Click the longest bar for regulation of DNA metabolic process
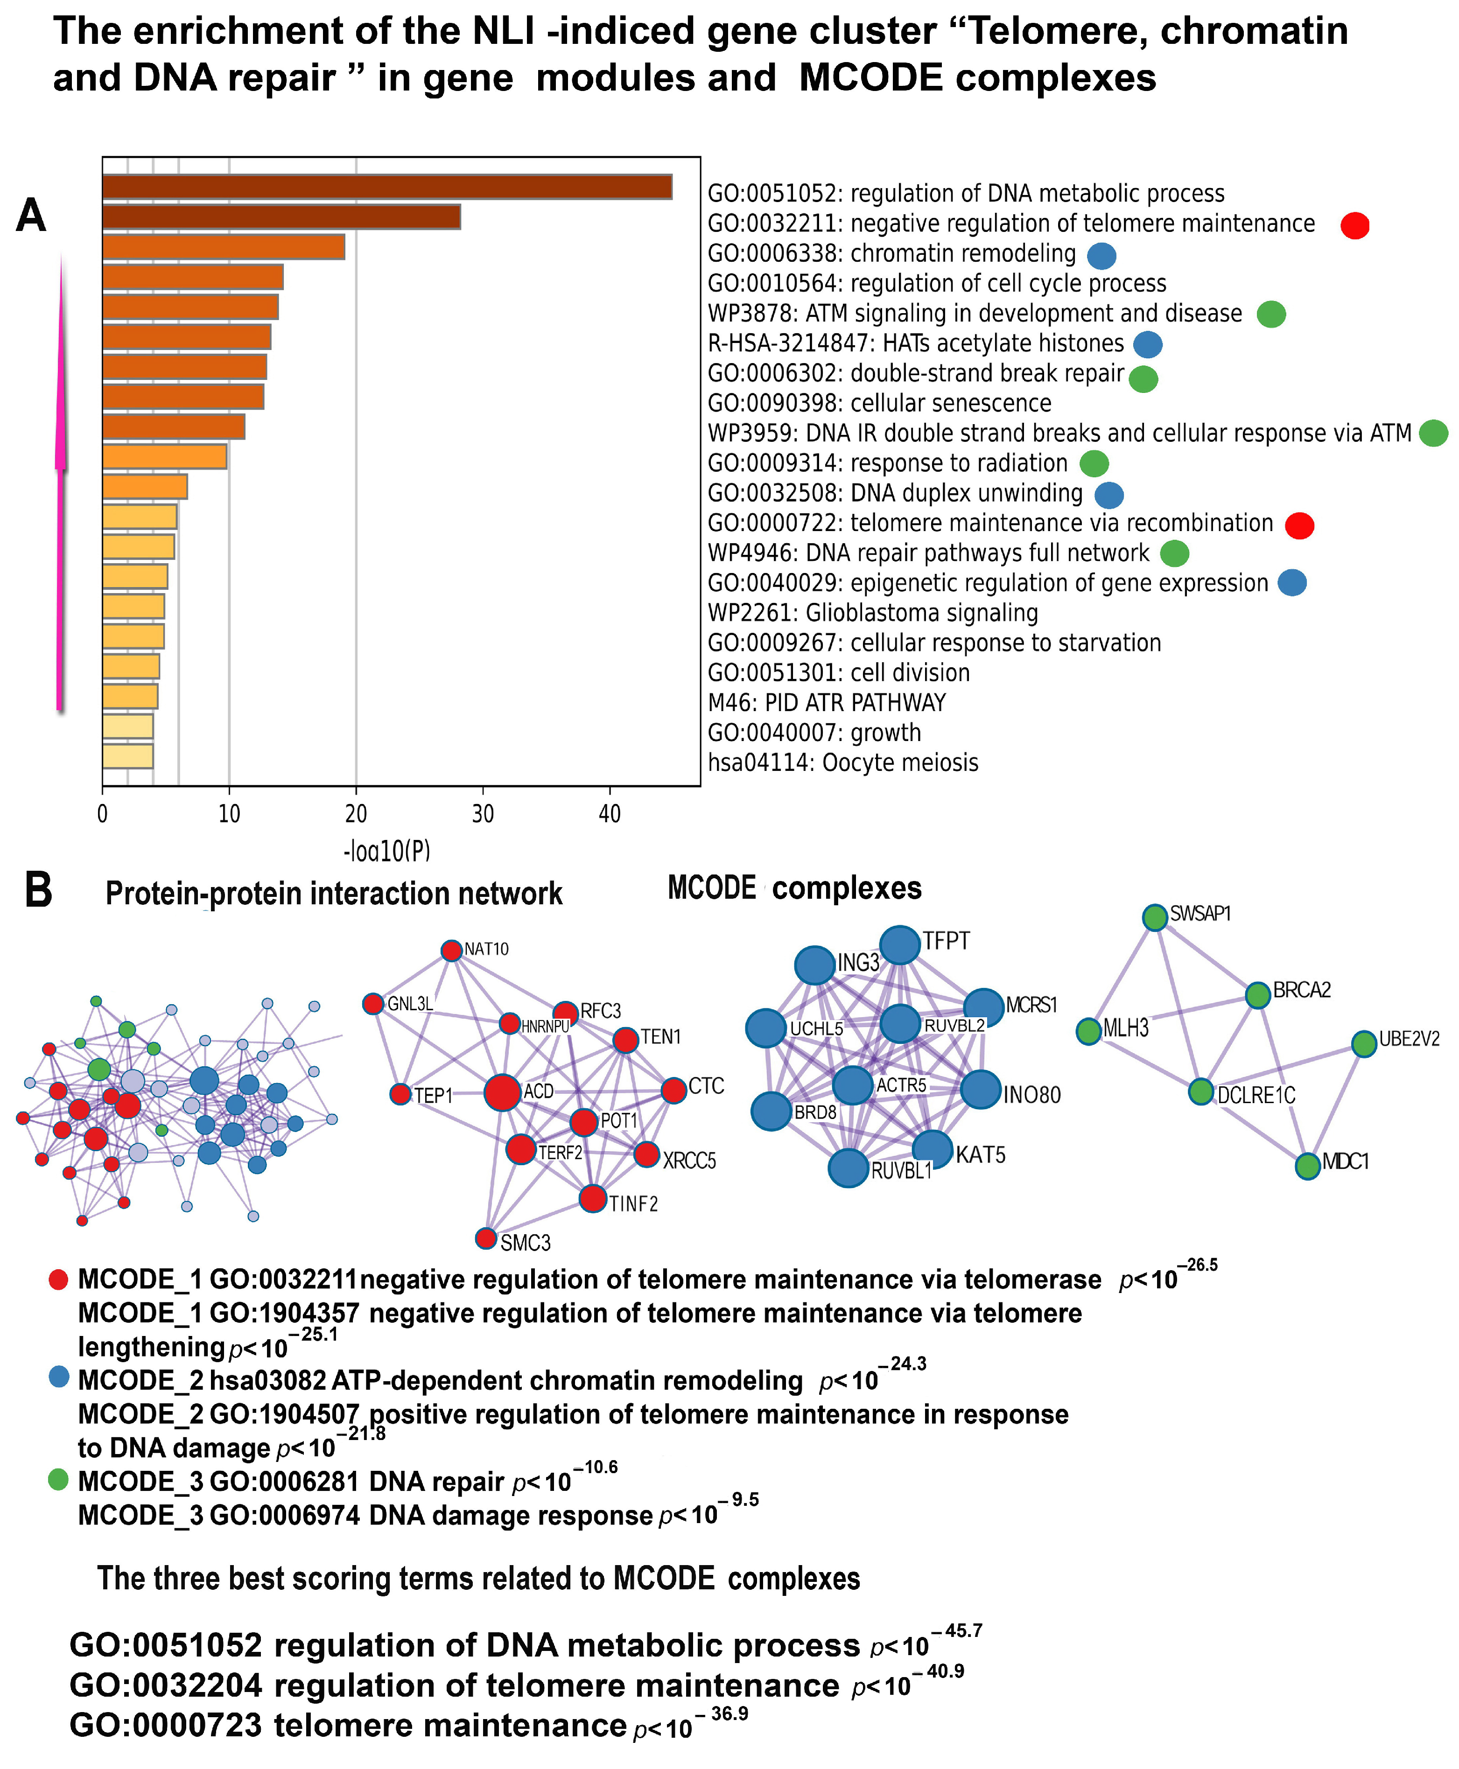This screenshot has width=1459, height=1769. pos(386,187)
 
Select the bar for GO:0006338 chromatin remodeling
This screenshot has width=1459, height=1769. pos(224,247)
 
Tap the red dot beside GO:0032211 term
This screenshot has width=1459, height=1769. pos(1354,225)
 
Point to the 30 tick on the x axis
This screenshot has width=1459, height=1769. pos(483,813)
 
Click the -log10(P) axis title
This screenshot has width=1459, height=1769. pos(386,851)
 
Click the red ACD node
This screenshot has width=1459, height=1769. pos(502,1092)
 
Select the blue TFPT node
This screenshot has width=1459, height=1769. pos(900,945)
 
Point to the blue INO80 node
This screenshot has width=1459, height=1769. pos(980,1090)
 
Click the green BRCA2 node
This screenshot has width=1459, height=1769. pos(1257,995)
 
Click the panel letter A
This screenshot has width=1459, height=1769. pos(31,216)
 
